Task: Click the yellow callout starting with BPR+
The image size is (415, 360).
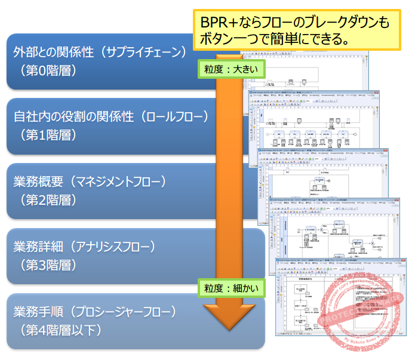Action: [297, 31]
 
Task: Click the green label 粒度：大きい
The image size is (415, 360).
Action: [230, 69]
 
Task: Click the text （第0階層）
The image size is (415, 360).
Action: [48, 70]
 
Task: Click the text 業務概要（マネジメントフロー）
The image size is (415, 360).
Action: [90, 181]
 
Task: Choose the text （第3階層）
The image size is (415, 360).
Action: [48, 264]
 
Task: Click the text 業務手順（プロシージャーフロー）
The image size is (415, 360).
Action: [96, 312]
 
